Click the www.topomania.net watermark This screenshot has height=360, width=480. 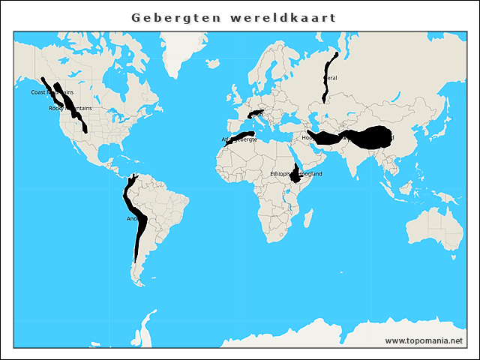(x=424, y=340)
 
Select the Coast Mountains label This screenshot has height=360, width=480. (x=52, y=92)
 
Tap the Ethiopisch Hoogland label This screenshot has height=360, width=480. (x=296, y=174)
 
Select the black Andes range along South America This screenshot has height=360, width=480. (x=139, y=225)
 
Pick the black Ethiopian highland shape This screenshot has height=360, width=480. (x=297, y=175)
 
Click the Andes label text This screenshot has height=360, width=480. (x=133, y=219)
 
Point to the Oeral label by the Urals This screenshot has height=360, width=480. (x=330, y=77)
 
